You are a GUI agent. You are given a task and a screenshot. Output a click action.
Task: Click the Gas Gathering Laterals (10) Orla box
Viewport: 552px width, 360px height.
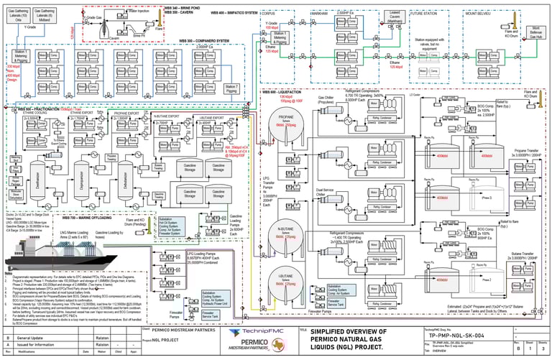(17, 16)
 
